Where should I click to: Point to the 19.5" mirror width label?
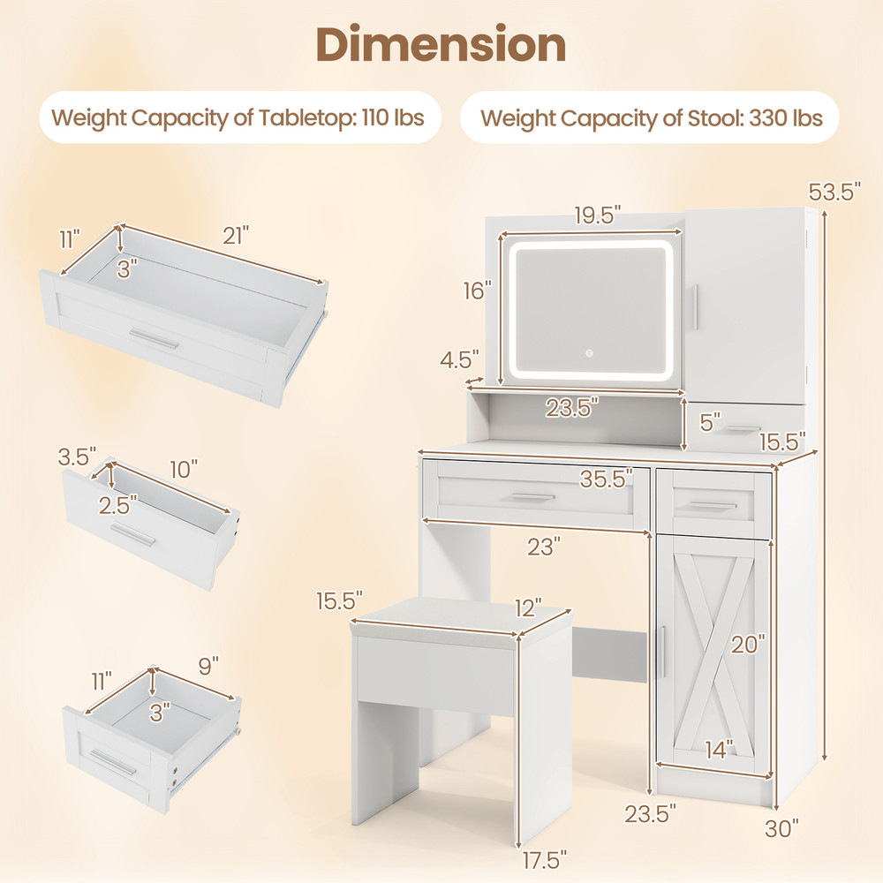pos(592,215)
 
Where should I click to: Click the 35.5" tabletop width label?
pos(607,479)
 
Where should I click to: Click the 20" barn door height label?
pos(748,645)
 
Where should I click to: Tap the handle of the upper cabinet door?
pos(695,307)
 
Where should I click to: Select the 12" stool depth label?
pos(528,608)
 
